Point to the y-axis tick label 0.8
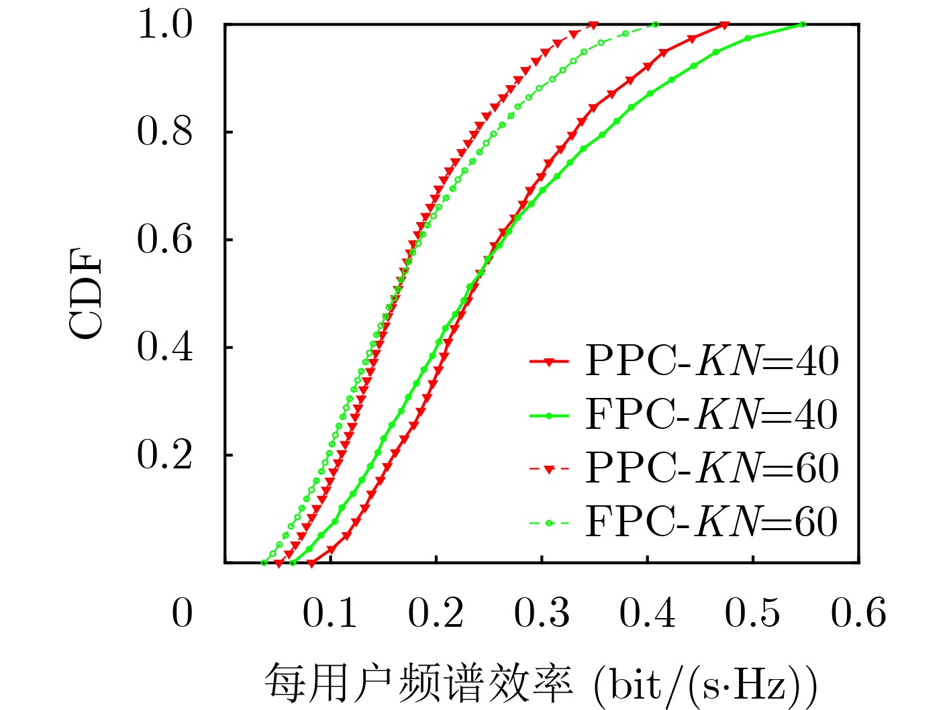point(164,132)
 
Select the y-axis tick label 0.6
point(164,240)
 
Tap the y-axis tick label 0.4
point(164,347)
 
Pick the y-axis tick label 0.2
point(164,455)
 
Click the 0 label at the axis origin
point(182,613)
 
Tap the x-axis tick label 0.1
point(330,613)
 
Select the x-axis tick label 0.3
point(542,613)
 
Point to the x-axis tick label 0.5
point(752,613)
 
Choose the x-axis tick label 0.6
point(858,613)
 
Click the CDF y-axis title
point(87,293)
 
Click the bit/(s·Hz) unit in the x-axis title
point(705,685)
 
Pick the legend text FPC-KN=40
point(711,415)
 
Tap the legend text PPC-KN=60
point(711,468)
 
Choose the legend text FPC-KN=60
point(711,521)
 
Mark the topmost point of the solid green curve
point(803,25)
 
